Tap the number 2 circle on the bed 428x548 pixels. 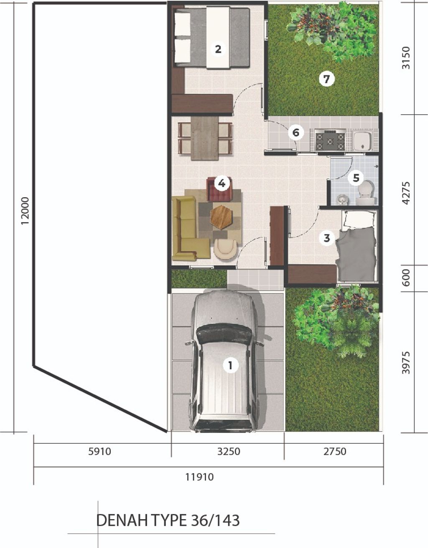click(218, 49)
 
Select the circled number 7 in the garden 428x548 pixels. click(326, 79)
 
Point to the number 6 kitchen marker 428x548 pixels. click(296, 132)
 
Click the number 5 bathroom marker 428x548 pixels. click(356, 178)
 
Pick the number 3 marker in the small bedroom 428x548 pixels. click(327, 237)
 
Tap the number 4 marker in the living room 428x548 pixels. click(222, 183)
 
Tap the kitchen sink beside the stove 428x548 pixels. click(362, 141)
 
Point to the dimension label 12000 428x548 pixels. click(25, 211)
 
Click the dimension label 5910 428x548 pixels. click(99, 451)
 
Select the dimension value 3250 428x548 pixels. click(229, 451)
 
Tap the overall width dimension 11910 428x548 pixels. click(199, 477)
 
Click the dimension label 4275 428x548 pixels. click(406, 193)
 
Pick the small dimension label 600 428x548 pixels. click(406, 278)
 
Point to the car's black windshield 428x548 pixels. click(223, 334)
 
